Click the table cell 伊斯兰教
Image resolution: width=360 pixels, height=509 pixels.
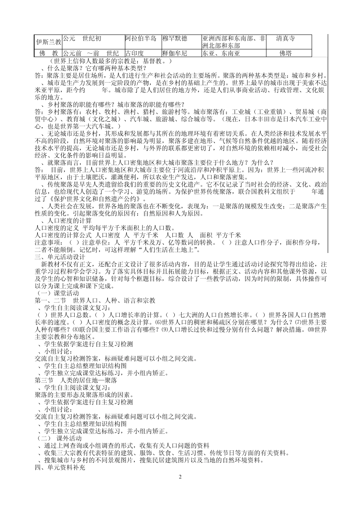pos(48,42)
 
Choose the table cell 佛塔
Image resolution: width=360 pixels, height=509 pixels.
pos(285,53)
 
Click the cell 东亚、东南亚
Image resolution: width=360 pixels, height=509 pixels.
pos(221,53)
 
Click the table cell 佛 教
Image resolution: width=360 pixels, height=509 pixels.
pos(48,53)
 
